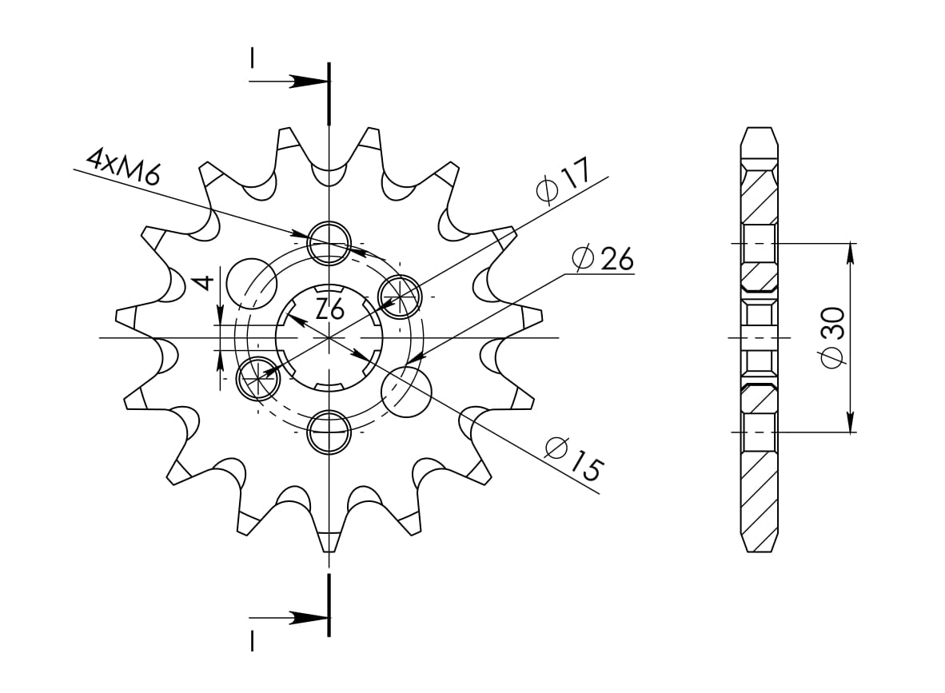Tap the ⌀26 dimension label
(604, 259)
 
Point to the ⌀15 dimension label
(574, 459)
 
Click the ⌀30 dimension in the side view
(834, 337)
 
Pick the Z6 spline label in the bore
(330, 310)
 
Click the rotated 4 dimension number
(205, 281)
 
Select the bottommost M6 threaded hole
(329, 432)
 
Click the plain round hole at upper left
(251, 282)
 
